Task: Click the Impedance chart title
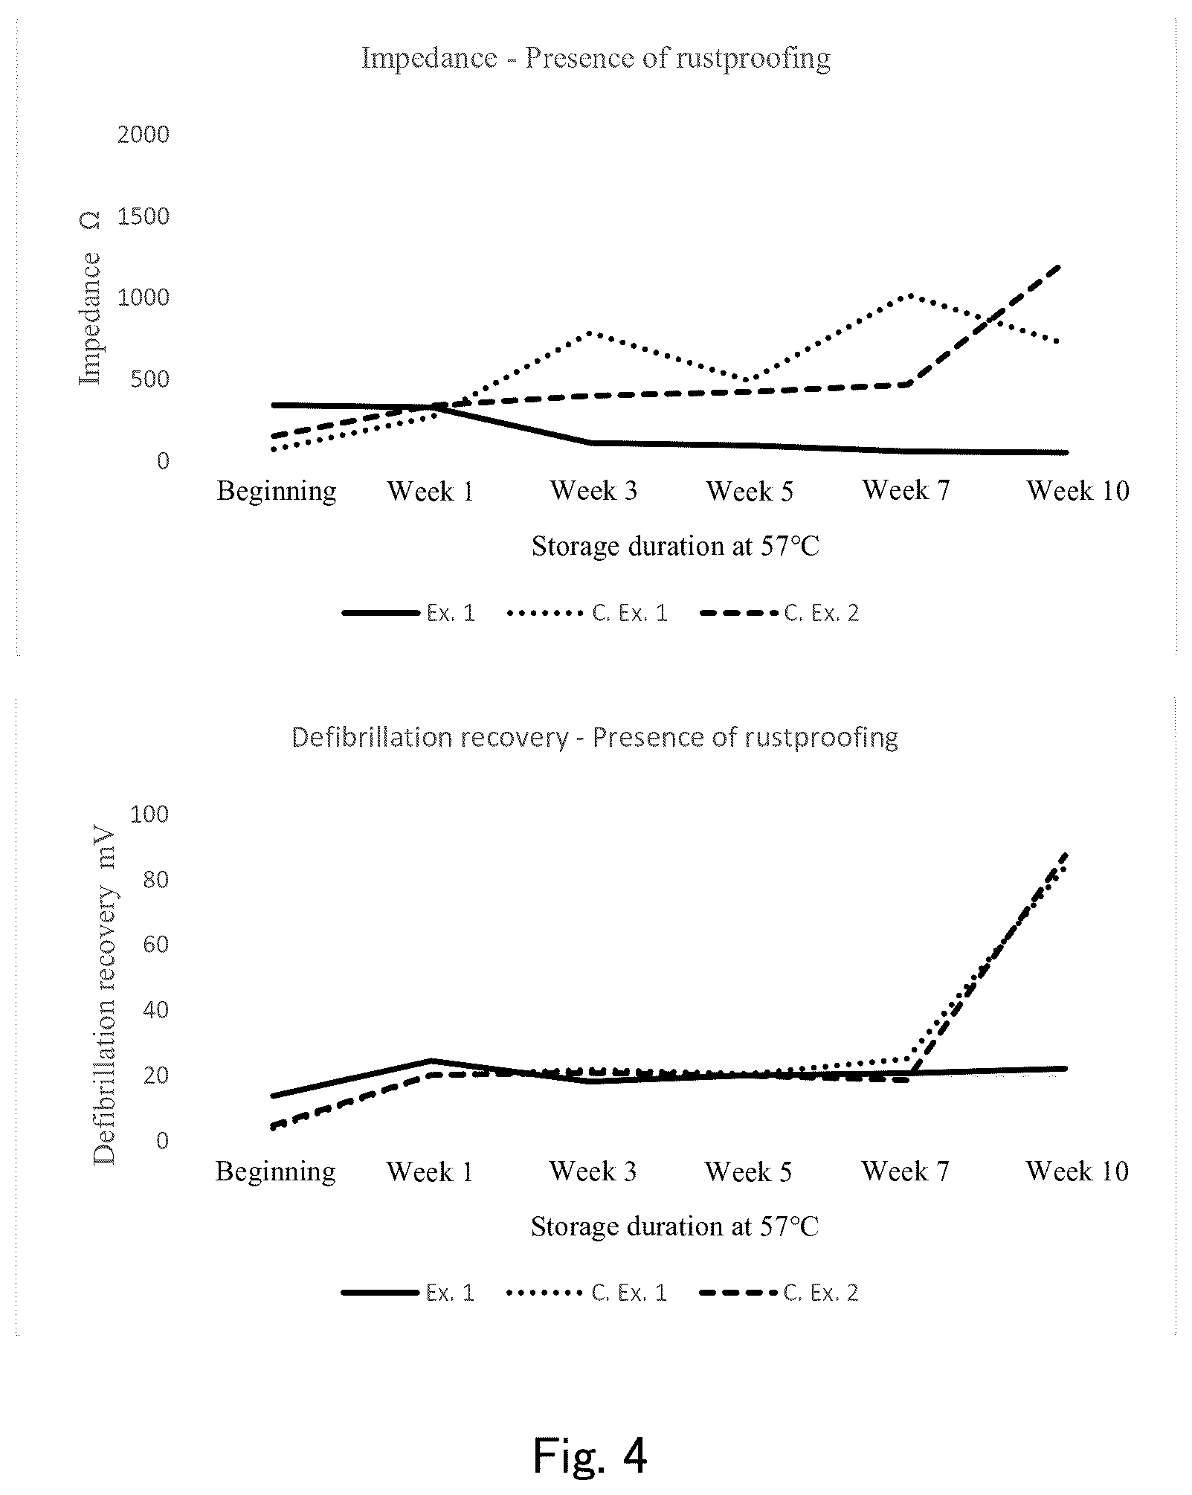pos(596,58)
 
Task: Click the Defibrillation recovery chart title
pos(595,737)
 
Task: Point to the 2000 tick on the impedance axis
pos(144,135)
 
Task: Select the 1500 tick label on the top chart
pos(144,216)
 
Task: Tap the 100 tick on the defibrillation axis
pos(149,814)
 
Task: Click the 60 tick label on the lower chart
pos(156,945)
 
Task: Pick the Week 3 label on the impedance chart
pos(593,491)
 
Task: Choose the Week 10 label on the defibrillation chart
pos(1077,1171)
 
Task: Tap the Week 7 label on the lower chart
pos(906,1171)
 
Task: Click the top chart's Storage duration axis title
pos(675,547)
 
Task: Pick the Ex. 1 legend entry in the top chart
pos(408,613)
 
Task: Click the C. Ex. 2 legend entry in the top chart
pos(779,613)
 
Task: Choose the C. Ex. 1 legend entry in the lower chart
pos(587,1293)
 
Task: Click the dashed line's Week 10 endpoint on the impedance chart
pos(1058,266)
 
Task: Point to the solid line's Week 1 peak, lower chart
pos(431,1061)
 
